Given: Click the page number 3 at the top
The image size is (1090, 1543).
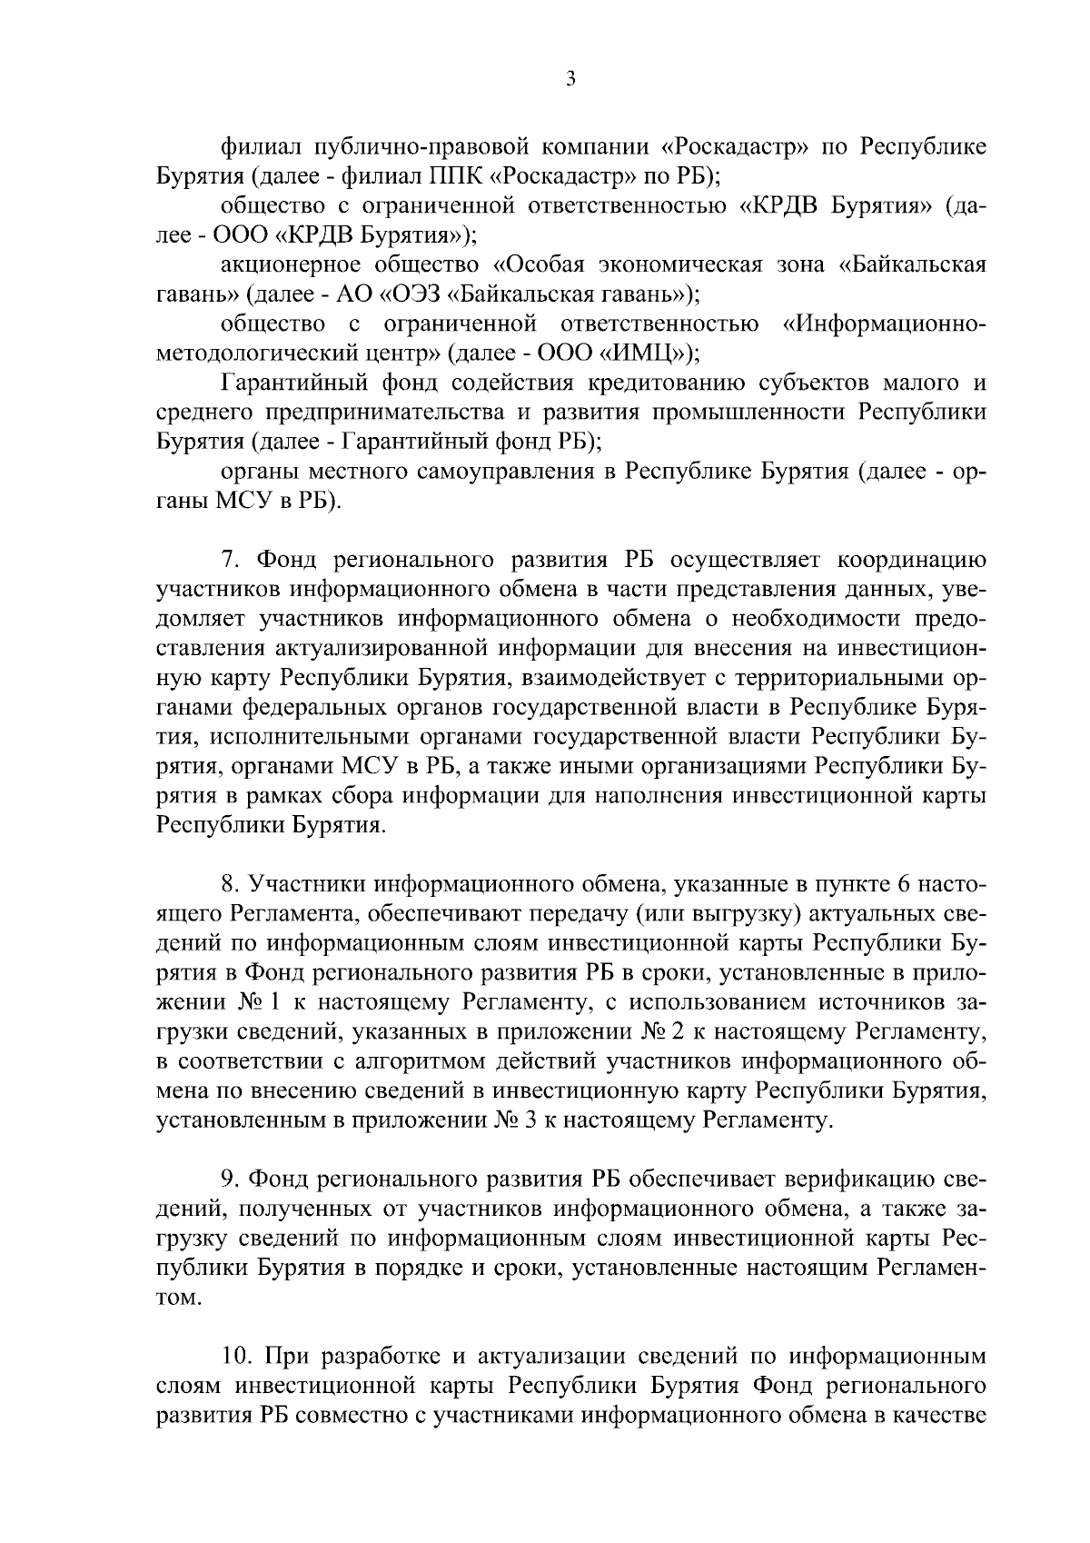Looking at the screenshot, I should point(570,79).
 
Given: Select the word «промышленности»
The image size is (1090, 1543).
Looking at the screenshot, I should point(762,412).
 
